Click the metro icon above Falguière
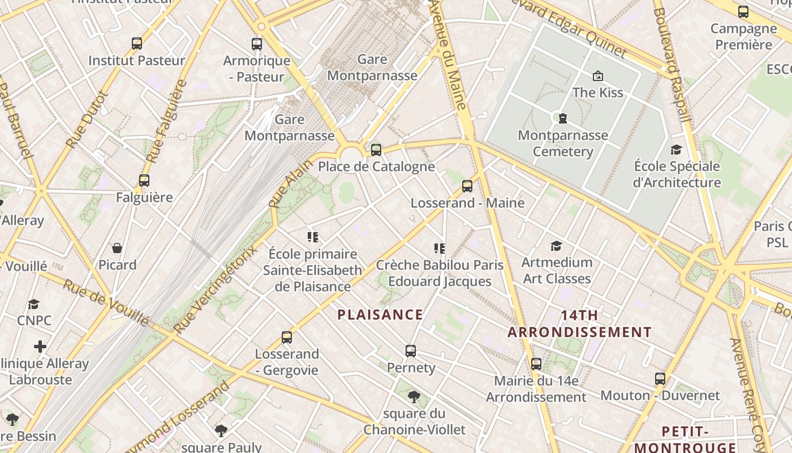(x=144, y=181)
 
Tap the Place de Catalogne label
(x=376, y=166)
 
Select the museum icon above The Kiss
(x=597, y=76)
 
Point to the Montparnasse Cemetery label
(x=563, y=143)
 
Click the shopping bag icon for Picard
(x=117, y=248)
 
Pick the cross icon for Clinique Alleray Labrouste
(x=40, y=346)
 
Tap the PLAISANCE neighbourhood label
(x=380, y=315)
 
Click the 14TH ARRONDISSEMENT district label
(x=579, y=323)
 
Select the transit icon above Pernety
(x=411, y=351)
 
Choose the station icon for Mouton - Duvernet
(x=660, y=379)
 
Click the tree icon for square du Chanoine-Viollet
(x=414, y=396)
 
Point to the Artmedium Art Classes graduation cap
(x=557, y=246)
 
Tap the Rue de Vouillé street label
(x=106, y=303)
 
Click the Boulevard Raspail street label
(x=672, y=65)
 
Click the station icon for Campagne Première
(x=743, y=12)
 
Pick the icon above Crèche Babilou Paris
(x=440, y=248)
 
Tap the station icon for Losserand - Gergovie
(x=287, y=337)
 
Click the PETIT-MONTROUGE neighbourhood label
(x=685, y=439)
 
